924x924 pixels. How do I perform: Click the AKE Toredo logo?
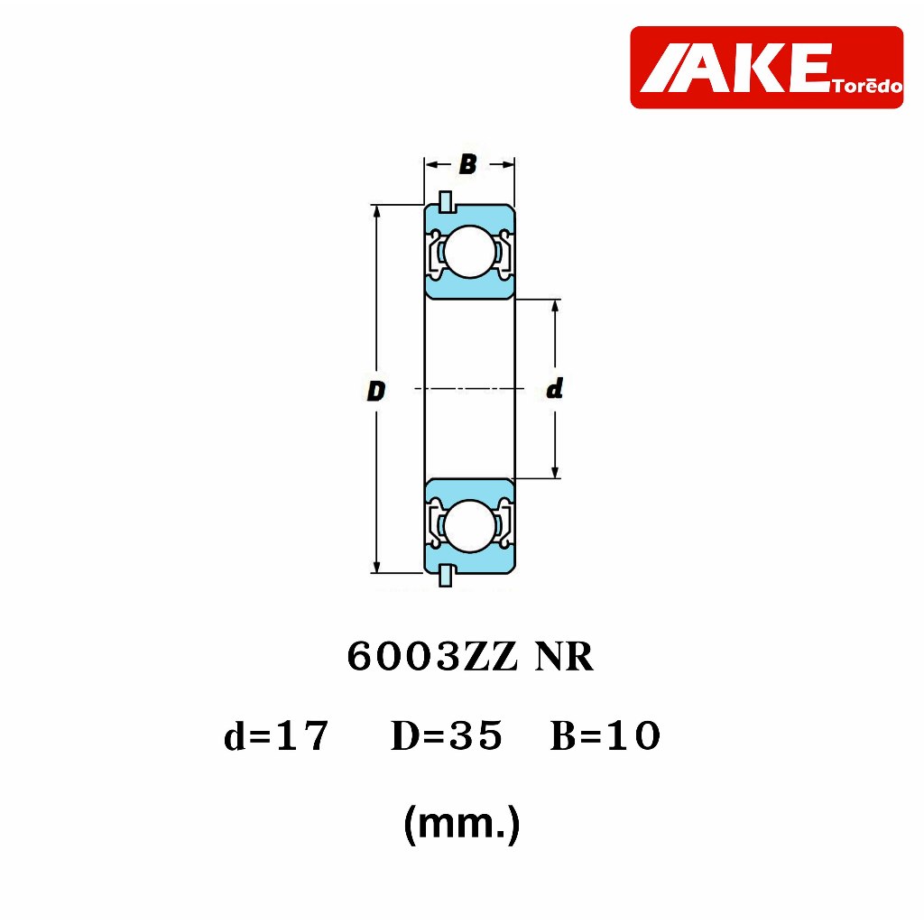(767, 67)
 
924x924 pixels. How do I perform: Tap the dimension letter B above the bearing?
(468, 164)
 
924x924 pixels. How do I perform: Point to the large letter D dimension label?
(376, 392)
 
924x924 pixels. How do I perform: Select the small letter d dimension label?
(555, 388)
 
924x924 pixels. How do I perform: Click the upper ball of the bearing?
(469, 252)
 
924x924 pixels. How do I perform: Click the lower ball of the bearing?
(469, 526)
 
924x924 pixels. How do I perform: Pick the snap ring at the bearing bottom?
(446, 576)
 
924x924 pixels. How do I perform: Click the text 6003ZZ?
(432, 657)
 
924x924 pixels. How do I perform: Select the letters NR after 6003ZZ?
(564, 657)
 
